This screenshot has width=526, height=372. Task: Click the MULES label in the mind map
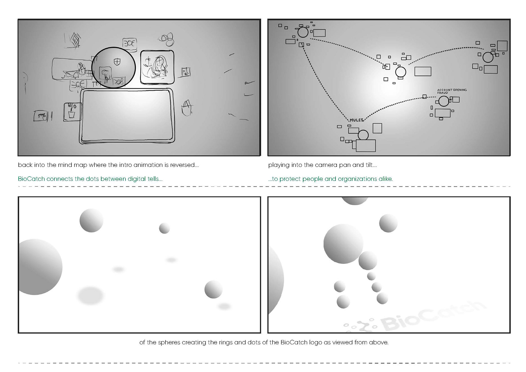pyautogui.click(x=357, y=120)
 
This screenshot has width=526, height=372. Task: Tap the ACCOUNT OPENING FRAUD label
pyautogui.click(x=452, y=91)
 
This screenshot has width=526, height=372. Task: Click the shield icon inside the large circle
pyautogui.click(x=117, y=62)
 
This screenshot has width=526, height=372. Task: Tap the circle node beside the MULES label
pyautogui.click(x=363, y=135)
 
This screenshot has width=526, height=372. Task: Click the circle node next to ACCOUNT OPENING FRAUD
pyautogui.click(x=444, y=101)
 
